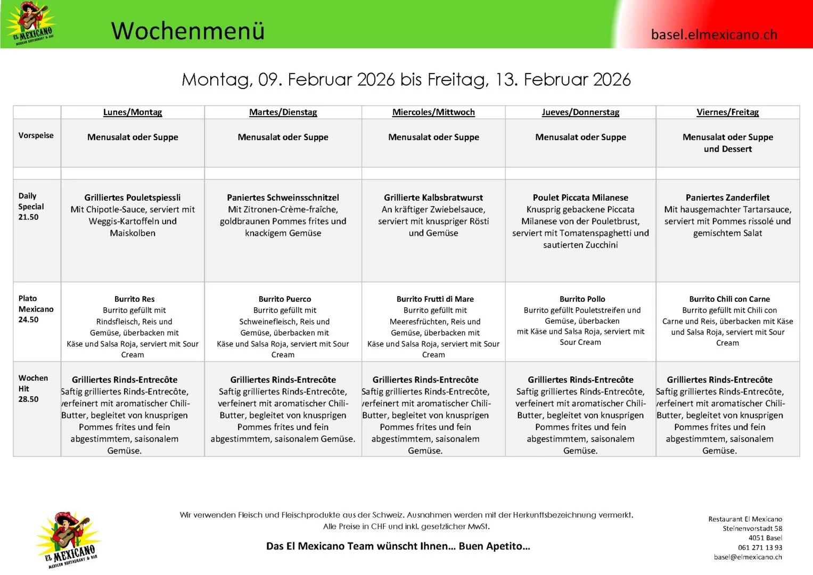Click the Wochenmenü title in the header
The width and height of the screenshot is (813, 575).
(x=187, y=31)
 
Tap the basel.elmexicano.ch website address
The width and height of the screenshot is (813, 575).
(x=713, y=35)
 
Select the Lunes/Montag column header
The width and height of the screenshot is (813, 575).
(x=133, y=112)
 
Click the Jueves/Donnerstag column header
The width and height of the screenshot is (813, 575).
(x=580, y=112)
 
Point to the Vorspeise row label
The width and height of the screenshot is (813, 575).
(x=36, y=135)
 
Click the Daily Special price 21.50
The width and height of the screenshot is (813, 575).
(x=28, y=217)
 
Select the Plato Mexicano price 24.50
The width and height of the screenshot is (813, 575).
(x=28, y=320)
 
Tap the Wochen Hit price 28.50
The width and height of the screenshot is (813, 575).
(x=28, y=399)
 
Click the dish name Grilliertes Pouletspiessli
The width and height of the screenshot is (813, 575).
(x=133, y=198)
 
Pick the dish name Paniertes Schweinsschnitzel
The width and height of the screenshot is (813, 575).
(x=283, y=198)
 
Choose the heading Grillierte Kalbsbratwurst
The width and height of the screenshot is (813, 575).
(x=433, y=198)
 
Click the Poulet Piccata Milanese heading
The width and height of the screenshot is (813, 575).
(x=580, y=198)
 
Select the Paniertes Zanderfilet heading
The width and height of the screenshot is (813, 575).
(x=727, y=198)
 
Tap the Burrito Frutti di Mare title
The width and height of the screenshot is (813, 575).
(x=435, y=299)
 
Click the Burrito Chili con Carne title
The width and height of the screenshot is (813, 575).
(x=729, y=299)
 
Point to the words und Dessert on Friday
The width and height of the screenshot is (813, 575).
(x=727, y=149)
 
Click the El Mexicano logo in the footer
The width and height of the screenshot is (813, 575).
(x=68, y=539)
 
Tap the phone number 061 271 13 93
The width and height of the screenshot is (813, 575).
(x=760, y=547)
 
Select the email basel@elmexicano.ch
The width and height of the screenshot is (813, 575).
(x=748, y=557)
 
